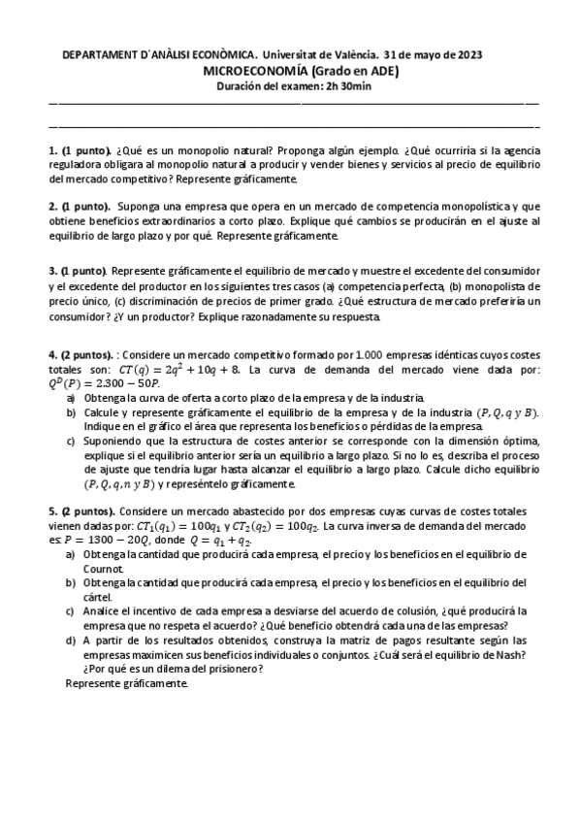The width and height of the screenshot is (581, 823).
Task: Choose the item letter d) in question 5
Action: (70, 641)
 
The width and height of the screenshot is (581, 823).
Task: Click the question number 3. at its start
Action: (52, 270)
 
